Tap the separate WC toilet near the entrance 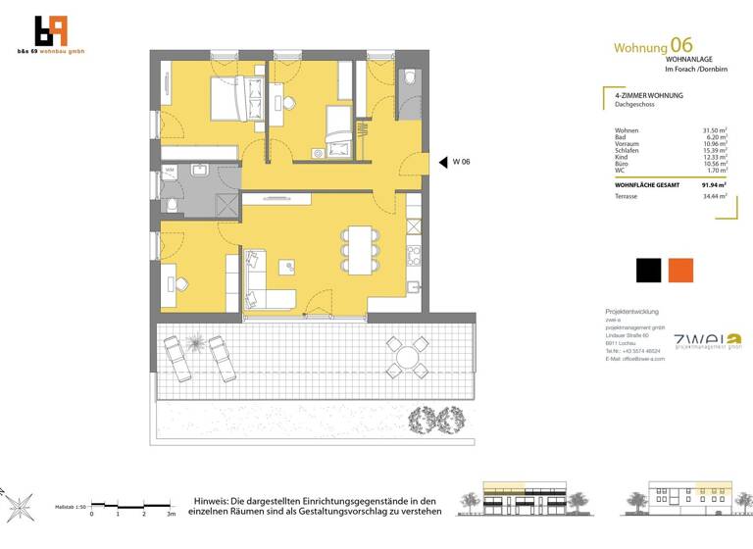click(409, 79)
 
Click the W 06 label click(461, 162)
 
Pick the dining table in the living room click(358, 249)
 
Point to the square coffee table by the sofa click(288, 267)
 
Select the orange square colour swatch click(680, 270)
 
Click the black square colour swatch click(648, 270)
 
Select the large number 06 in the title click(680, 44)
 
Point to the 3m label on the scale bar click(170, 514)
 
